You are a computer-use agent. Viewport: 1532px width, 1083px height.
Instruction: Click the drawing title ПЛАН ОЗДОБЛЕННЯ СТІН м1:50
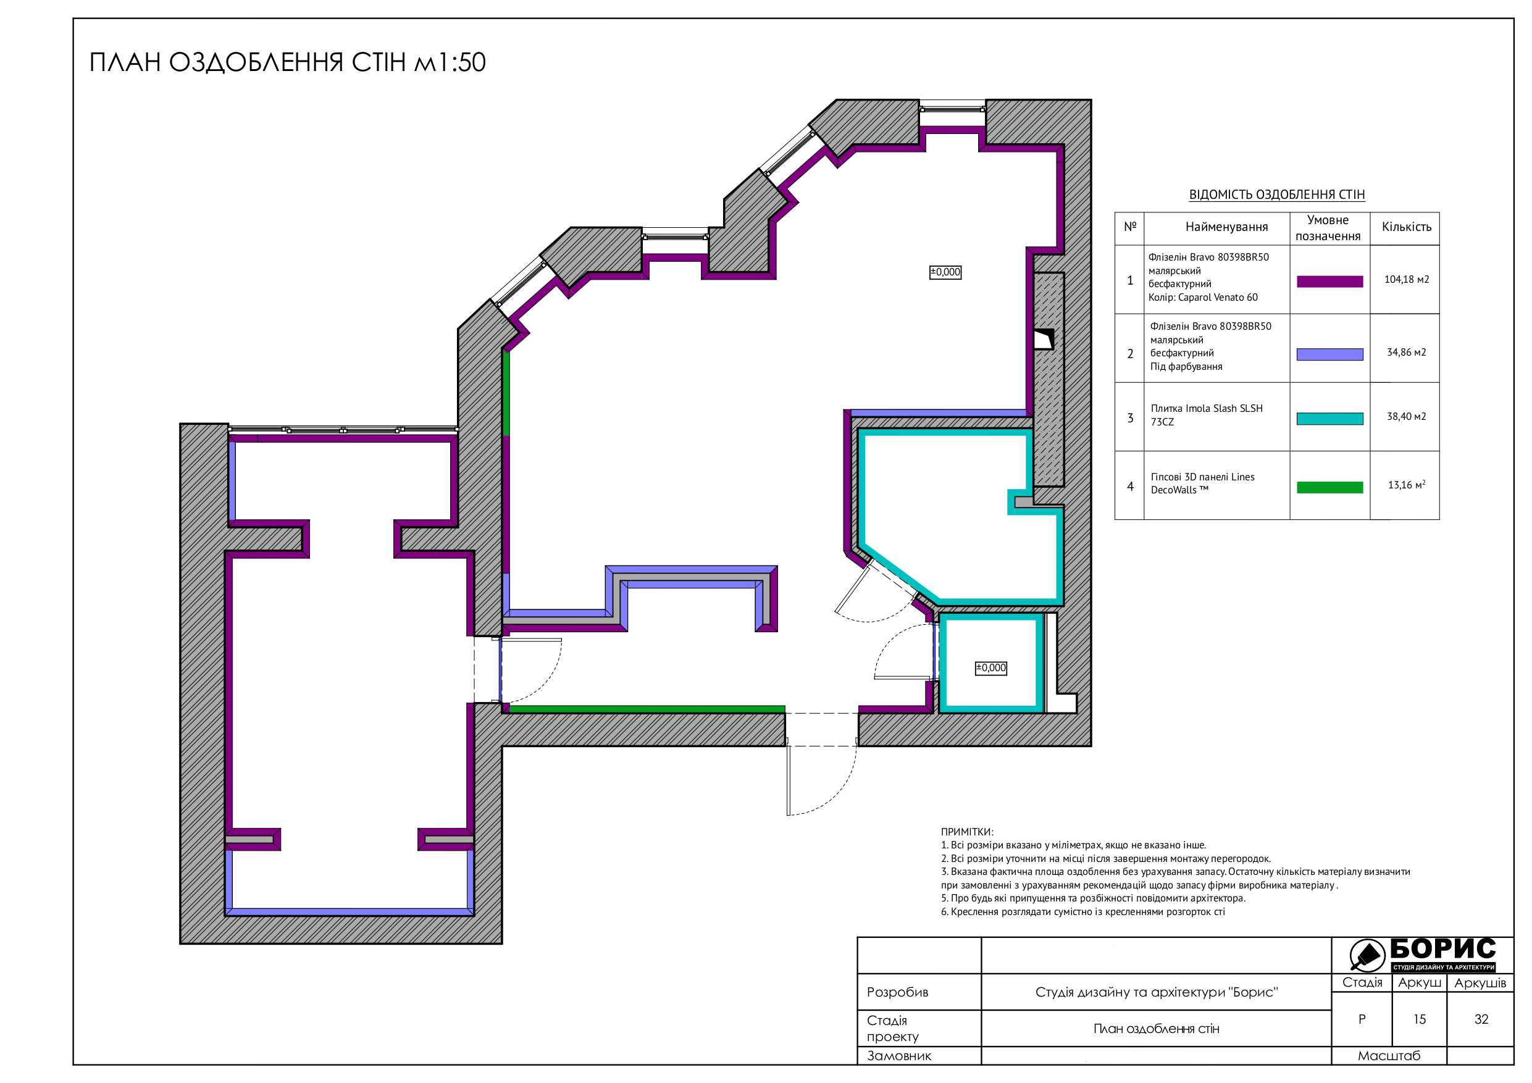(x=288, y=62)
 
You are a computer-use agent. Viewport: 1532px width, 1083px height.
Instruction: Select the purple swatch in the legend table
(x=1329, y=282)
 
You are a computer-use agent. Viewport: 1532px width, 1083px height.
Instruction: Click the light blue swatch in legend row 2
(x=1329, y=354)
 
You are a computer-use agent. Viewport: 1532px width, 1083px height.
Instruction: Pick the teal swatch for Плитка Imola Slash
(x=1329, y=419)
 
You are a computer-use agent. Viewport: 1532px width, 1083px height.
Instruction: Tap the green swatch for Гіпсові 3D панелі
(x=1329, y=488)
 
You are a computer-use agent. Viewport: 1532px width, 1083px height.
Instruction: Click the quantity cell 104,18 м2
(x=1407, y=280)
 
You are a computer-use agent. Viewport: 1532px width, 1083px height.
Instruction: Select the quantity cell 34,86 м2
(x=1407, y=353)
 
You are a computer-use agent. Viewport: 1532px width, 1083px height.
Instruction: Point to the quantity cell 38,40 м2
(x=1407, y=416)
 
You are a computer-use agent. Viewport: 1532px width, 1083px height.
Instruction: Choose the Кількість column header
(x=1407, y=227)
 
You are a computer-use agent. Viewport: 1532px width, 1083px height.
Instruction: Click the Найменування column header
(x=1226, y=227)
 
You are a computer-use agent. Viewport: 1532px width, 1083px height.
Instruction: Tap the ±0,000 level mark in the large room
(x=945, y=272)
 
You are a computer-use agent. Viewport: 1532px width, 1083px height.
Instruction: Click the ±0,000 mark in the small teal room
(x=991, y=668)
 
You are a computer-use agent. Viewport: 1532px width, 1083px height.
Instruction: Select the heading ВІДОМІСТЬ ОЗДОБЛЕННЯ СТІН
(x=1276, y=195)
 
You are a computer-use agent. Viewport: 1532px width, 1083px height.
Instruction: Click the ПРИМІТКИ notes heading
(x=967, y=832)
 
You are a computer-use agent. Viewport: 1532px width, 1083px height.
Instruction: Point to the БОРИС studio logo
(x=1422, y=955)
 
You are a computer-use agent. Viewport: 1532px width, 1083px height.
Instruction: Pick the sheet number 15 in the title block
(x=1419, y=1019)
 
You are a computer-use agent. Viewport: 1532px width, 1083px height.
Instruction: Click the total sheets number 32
(x=1481, y=1019)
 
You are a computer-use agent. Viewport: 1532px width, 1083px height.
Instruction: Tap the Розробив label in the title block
(x=897, y=992)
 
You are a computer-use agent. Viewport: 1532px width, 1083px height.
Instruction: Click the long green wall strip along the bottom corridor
(x=647, y=709)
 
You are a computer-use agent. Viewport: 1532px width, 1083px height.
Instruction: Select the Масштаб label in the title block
(x=1389, y=1056)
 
